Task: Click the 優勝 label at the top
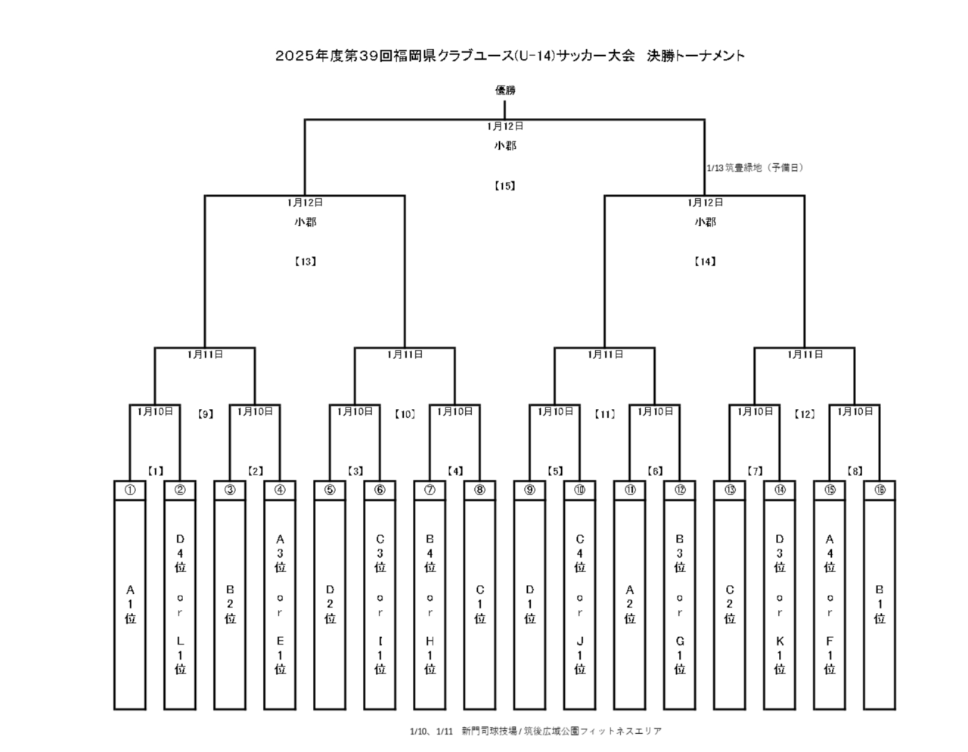(505, 90)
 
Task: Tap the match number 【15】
(504, 185)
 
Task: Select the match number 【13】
(305, 261)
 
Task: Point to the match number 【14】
(705, 261)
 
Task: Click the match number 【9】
(205, 414)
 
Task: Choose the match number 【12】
(805, 414)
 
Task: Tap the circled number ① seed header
(130, 490)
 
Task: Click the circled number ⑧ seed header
(479, 490)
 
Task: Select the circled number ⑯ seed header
(880, 490)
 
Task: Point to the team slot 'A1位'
(130, 604)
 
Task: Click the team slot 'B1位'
(880, 604)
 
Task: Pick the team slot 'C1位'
(479, 604)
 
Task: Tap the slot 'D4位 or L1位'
(180, 604)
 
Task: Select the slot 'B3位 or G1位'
(680, 604)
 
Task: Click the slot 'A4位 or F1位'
(830, 604)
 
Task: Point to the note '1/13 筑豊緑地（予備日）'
(755, 168)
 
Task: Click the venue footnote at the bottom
(535, 731)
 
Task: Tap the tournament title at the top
(510, 55)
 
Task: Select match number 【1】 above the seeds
(155, 471)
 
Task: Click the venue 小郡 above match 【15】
(505, 146)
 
